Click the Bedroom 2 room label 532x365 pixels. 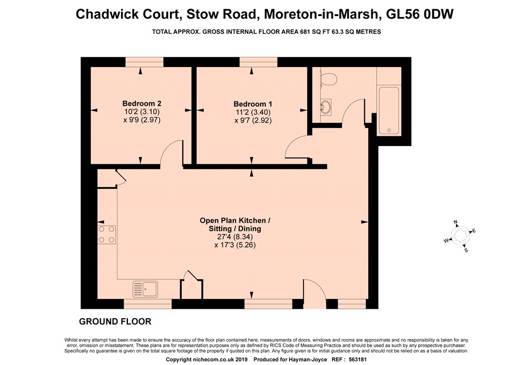[142, 103]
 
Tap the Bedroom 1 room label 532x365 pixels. [253, 104]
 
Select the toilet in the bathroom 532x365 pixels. [328, 79]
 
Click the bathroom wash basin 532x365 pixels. [325, 107]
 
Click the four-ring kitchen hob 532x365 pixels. [107, 234]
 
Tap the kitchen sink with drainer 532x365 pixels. [145, 289]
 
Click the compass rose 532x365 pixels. [460, 236]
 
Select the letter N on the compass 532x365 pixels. [456, 223]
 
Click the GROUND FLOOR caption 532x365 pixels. [115, 321]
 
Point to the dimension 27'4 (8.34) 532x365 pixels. [235, 237]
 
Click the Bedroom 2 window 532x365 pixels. [144, 62]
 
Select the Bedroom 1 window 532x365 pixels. [258, 62]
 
